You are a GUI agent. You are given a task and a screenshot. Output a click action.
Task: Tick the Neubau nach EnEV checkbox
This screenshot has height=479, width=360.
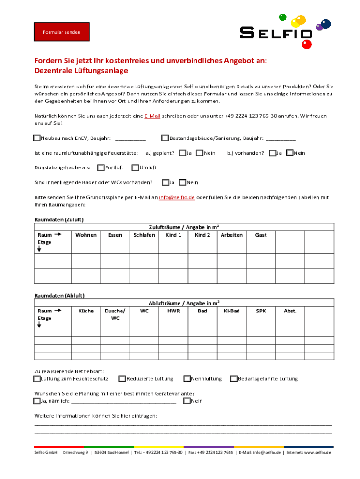tap(37, 138)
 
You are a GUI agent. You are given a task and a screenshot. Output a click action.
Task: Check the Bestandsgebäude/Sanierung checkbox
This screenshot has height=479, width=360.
tap(165, 138)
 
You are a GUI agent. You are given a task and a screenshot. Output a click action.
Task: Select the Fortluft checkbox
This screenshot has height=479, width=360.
tap(101, 167)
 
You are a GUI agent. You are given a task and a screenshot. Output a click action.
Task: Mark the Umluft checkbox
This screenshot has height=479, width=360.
tap(135, 167)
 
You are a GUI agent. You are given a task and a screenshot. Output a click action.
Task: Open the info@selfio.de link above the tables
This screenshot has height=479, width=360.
tap(177, 197)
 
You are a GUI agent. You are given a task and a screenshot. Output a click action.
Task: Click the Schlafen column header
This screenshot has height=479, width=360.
tap(144, 235)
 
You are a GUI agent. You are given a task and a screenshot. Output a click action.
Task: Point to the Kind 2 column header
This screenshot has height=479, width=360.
tap(202, 235)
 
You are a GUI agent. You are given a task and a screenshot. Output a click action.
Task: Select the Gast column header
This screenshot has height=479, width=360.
tap(261, 235)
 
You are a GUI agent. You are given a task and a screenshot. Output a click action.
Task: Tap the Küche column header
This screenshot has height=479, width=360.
tap(86, 311)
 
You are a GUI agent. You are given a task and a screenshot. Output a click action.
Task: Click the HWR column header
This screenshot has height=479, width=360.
tap(173, 311)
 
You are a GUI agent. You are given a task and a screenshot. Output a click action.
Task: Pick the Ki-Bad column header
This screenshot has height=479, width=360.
tap(231, 311)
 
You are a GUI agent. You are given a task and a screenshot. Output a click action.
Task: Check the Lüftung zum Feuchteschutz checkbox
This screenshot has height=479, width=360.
tap(37, 378)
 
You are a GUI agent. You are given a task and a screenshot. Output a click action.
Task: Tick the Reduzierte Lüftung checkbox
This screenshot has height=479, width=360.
tap(122, 378)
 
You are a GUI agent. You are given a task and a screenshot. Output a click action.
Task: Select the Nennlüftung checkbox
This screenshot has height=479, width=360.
tap(187, 378)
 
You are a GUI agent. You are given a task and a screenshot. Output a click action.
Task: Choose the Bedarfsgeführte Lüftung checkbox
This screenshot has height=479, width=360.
tap(233, 378)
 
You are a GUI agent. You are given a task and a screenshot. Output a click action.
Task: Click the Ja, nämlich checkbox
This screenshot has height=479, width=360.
tap(37, 401)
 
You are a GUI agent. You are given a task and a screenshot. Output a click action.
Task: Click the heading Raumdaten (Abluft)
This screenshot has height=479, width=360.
tap(59, 296)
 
